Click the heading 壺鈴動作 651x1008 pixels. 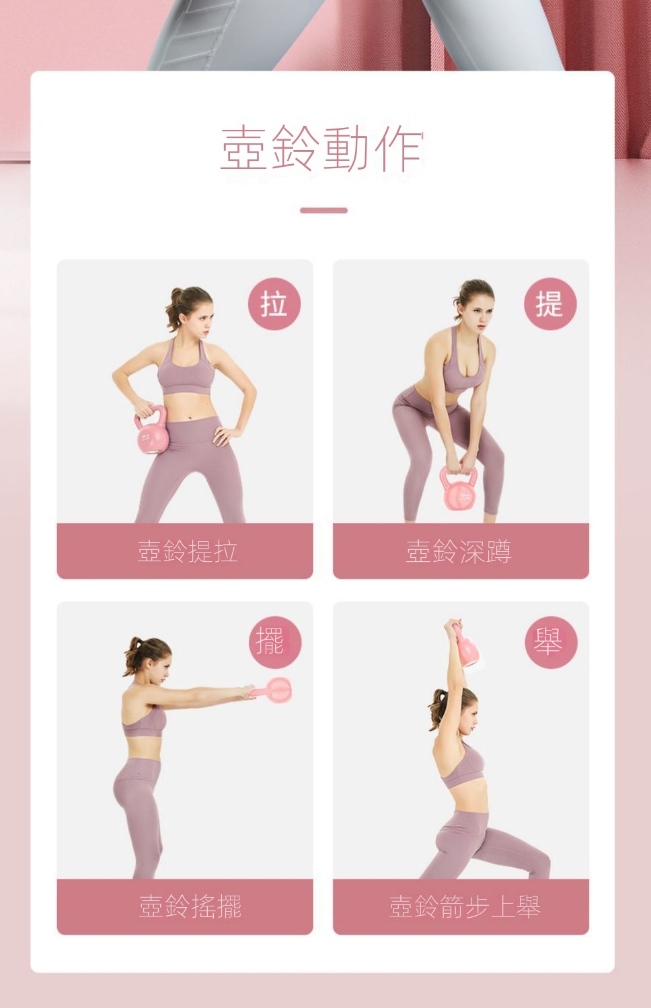click(322, 148)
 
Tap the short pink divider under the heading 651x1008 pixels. click(323, 210)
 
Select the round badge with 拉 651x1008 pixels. click(274, 303)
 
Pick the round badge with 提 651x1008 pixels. click(549, 303)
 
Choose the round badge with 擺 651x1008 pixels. click(275, 642)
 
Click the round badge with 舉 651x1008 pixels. click(551, 642)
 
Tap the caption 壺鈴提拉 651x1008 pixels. click(188, 551)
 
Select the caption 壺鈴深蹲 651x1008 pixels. click(459, 551)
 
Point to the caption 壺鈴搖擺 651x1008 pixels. click(190, 906)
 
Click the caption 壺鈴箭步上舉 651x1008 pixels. click(464, 906)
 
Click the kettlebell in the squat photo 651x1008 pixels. click(459, 488)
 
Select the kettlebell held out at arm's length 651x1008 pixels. click(275, 690)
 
